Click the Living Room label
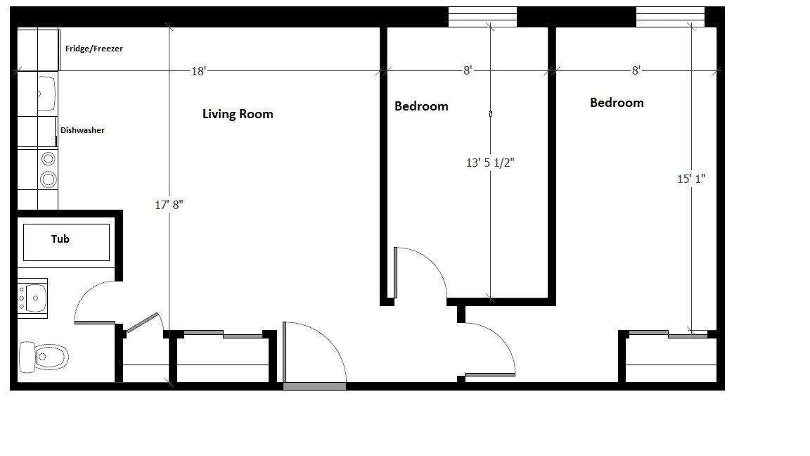238,114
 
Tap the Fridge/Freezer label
94,49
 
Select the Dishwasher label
82,130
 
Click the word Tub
60,239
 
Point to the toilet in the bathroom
44,357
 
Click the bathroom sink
33,296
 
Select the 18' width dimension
198,70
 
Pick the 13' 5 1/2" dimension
491,163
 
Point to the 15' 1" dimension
691,179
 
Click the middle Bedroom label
421,107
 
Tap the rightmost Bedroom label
617,103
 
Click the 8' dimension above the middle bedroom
467,70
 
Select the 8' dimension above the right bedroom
636,70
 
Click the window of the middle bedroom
482,17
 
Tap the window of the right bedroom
670,17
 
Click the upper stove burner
49,159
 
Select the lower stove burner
48,179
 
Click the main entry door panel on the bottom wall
314,386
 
